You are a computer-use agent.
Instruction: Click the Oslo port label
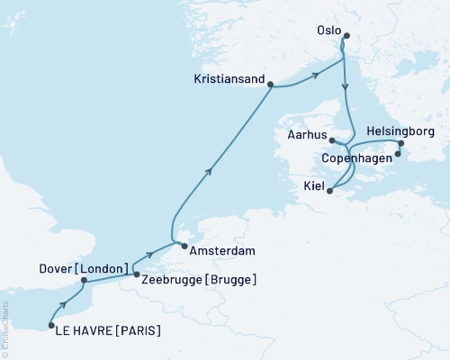click(x=328, y=30)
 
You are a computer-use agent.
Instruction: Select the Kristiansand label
click(x=229, y=80)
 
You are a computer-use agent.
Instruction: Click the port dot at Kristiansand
click(x=271, y=86)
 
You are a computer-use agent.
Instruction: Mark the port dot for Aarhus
click(x=332, y=140)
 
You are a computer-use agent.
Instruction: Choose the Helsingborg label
click(x=402, y=131)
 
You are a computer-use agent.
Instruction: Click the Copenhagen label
click(x=358, y=158)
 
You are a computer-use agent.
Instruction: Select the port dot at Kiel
click(x=330, y=191)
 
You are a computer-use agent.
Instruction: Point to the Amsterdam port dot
click(x=183, y=246)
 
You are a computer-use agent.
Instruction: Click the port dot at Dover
click(x=83, y=280)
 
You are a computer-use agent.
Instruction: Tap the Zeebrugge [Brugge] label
click(x=198, y=279)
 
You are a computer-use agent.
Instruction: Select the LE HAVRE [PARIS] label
click(x=108, y=330)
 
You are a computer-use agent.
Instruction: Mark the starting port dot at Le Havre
click(x=50, y=325)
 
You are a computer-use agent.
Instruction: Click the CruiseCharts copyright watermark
click(x=5, y=337)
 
